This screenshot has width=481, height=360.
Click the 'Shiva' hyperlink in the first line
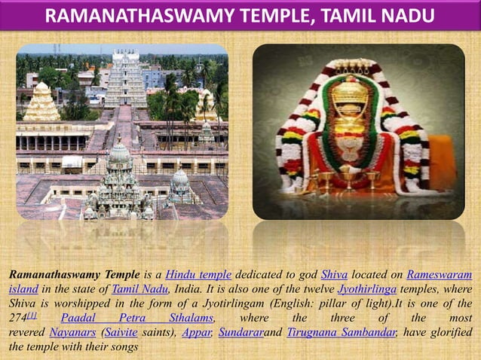[x=333, y=274]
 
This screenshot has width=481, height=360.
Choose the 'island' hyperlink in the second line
[x=23, y=288]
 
